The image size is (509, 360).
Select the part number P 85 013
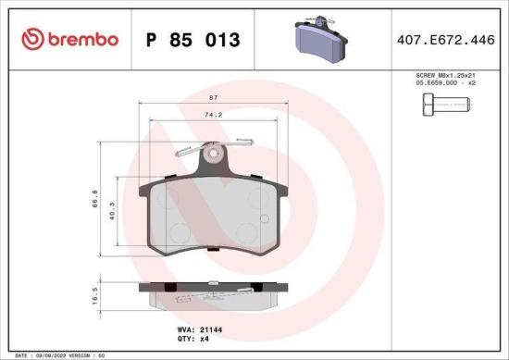click(193, 40)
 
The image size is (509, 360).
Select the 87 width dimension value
click(214, 97)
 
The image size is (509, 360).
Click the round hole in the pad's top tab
click(214, 154)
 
